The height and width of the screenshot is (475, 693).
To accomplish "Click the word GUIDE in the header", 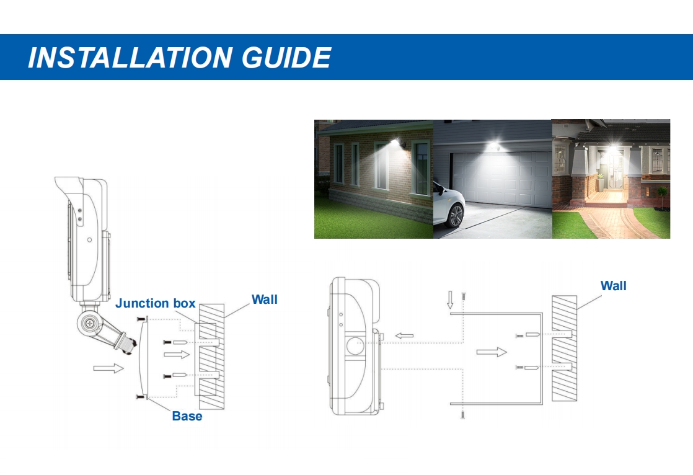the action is pyautogui.click(x=286, y=58).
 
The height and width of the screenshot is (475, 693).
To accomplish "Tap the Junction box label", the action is pyautogui.click(x=155, y=303).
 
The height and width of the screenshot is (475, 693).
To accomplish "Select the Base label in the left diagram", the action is pyautogui.click(x=187, y=416).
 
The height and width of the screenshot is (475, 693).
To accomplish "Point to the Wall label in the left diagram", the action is pyautogui.click(x=264, y=300).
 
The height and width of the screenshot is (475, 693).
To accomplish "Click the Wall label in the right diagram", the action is pyautogui.click(x=613, y=286).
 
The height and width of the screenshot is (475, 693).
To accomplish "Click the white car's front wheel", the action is pyautogui.click(x=454, y=215).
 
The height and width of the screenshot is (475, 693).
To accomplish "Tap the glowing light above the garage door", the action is pyautogui.click(x=493, y=145).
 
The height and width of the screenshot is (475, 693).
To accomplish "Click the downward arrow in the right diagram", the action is pyautogui.click(x=450, y=300).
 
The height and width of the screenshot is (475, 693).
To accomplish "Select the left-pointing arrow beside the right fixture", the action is pyautogui.click(x=404, y=335).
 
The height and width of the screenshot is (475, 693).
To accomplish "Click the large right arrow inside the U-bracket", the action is pyautogui.click(x=492, y=352).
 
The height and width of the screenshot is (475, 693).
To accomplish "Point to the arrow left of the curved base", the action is pyautogui.click(x=108, y=368).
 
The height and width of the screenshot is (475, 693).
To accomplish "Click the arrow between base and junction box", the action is pyautogui.click(x=176, y=354).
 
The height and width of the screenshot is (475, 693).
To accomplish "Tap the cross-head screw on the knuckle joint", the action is pyautogui.click(x=90, y=324).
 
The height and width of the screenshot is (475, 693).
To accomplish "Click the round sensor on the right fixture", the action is pyautogui.click(x=355, y=345).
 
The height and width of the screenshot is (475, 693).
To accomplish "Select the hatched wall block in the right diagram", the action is pyautogui.click(x=565, y=348).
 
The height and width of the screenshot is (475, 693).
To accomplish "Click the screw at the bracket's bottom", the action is pyautogui.click(x=463, y=414).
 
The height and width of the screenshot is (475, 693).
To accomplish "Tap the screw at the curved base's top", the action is pyautogui.click(x=141, y=319).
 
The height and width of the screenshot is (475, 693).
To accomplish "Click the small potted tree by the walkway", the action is pyautogui.click(x=661, y=196).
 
